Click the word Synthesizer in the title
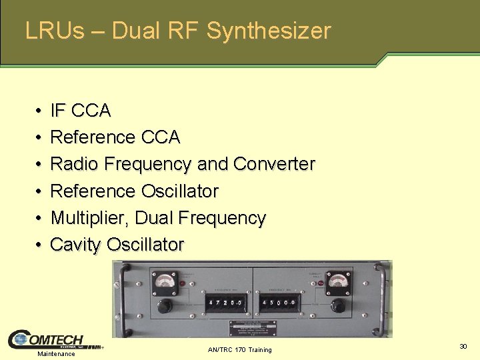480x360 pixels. tap(269, 31)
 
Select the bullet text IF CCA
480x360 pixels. tap(81, 110)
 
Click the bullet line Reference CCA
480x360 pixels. tap(115, 137)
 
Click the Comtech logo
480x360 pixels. tap(53, 339)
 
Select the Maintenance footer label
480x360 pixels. tap(56, 353)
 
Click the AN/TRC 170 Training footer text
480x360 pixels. tap(240, 350)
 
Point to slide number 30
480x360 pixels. tap(463, 346)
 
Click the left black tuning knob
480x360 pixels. tap(163, 306)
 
